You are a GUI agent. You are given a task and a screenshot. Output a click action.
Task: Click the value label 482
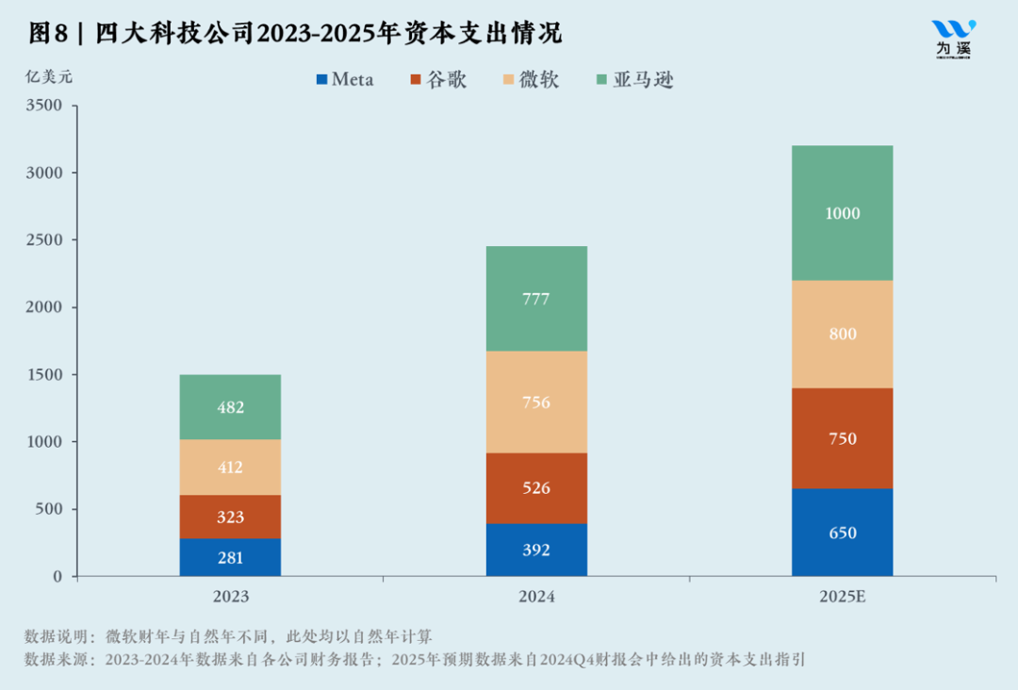point(230,408)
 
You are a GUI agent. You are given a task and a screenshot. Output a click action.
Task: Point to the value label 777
point(535,300)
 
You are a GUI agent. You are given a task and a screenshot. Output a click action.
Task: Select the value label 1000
point(842,214)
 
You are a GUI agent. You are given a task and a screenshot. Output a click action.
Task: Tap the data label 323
point(230,517)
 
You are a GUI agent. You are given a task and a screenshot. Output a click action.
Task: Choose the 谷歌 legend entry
point(437,80)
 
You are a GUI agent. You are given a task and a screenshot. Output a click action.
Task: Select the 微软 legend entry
point(531,80)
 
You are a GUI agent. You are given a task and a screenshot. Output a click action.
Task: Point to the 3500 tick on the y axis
point(43,107)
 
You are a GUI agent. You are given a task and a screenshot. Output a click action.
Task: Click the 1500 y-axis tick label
point(43,375)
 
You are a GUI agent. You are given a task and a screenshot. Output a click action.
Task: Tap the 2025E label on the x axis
point(842,598)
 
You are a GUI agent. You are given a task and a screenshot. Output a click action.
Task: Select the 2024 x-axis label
point(535,598)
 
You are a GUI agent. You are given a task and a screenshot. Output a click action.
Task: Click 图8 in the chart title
point(48,34)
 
